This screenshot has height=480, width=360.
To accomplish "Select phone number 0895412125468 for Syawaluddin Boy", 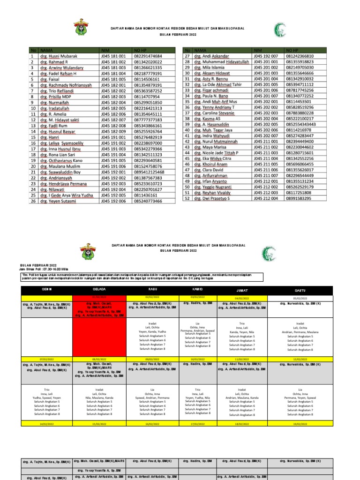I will (149, 172).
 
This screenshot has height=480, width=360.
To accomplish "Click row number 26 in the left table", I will (33, 201).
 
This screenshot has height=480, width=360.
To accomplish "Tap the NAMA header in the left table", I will (47, 50).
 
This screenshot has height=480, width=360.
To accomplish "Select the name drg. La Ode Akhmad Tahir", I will (218, 85).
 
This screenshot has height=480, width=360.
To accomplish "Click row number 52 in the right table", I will (187, 198).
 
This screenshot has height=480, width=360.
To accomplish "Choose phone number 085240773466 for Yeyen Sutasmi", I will (148, 201).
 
